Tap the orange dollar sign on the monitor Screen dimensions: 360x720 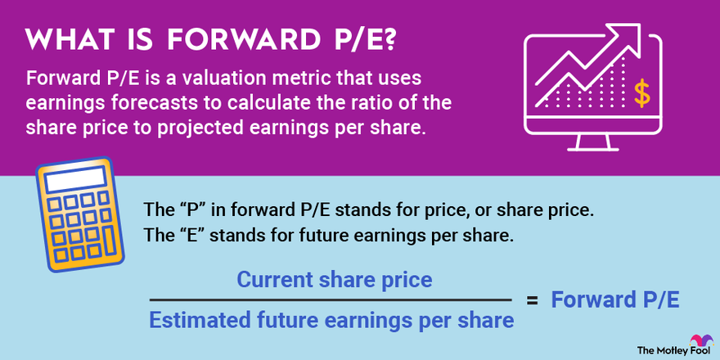point(642,93)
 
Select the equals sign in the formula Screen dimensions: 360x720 point(533,300)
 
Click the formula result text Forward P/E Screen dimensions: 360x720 point(614,300)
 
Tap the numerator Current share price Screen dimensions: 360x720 point(334,280)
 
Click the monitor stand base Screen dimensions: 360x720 point(606,148)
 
